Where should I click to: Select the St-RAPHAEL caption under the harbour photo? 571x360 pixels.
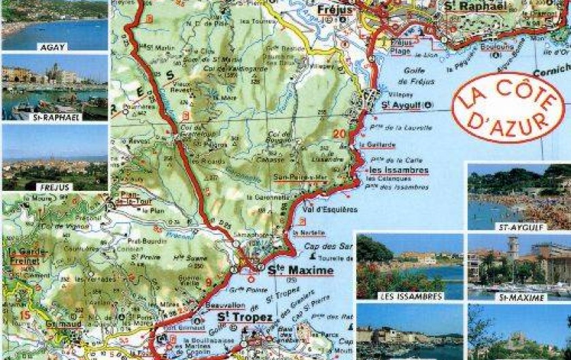[x=54, y=117]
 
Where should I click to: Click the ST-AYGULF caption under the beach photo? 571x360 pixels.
[x=519, y=227]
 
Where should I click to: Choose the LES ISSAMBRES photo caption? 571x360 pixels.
[x=410, y=296]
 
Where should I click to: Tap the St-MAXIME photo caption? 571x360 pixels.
[x=519, y=297]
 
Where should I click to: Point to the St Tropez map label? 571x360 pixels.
[x=245, y=317]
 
